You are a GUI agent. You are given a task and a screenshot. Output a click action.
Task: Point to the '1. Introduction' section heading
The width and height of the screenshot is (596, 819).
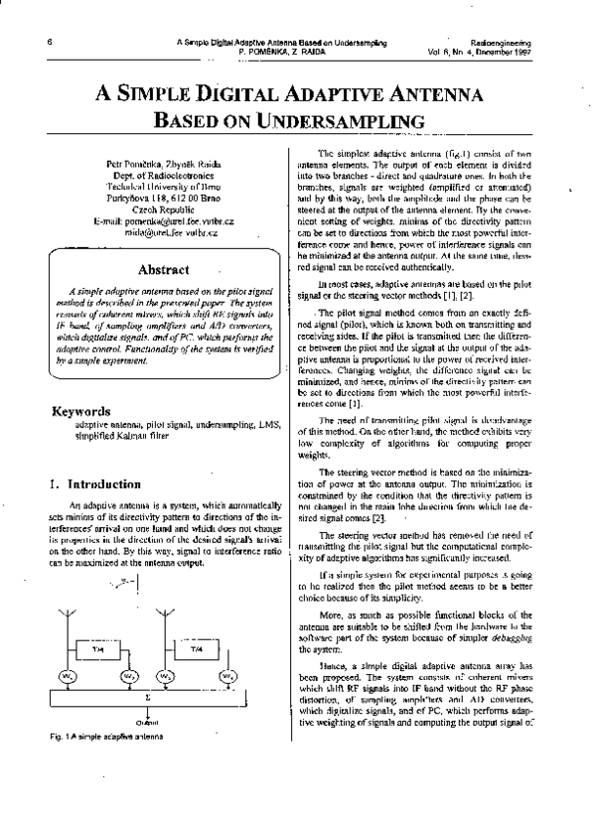click(95, 484)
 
